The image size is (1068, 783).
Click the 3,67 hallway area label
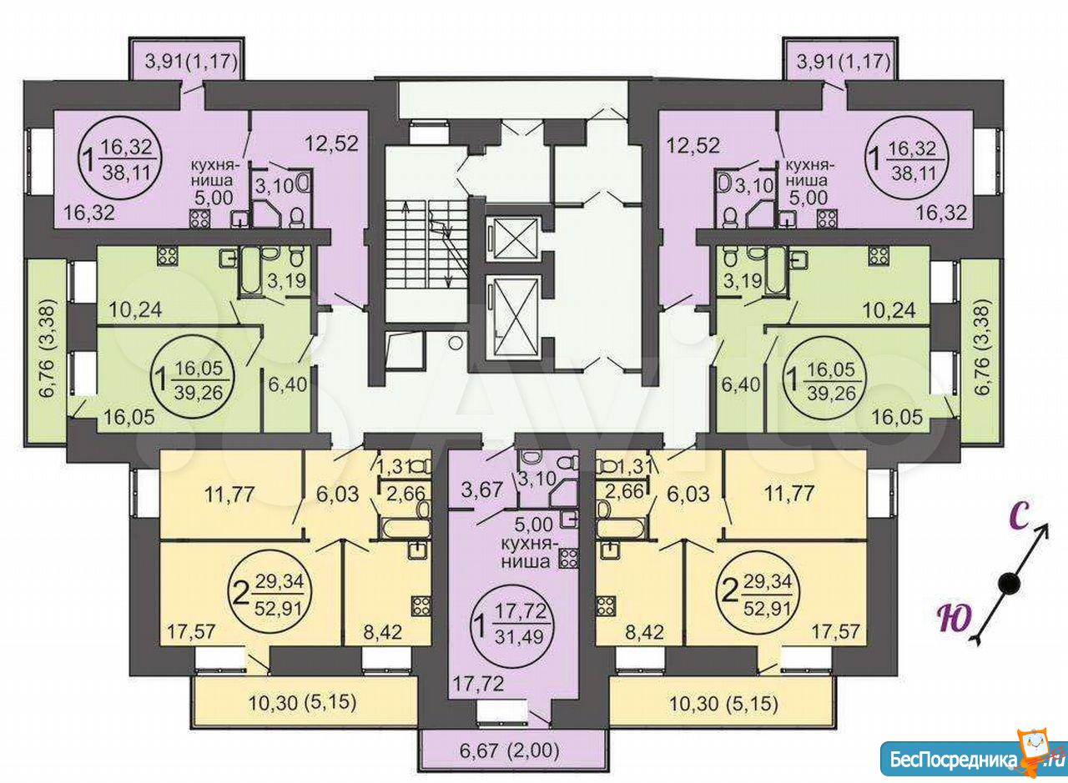(482, 490)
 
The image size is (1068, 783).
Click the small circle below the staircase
(456, 342)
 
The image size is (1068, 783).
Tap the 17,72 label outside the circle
(477, 684)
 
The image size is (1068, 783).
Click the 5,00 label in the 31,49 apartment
(533, 525)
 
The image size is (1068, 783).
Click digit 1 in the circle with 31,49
(479, 623)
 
